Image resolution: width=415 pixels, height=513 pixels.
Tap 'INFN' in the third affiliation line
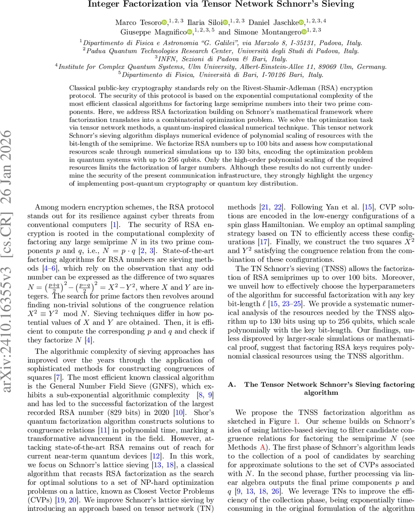pyautogui.click(x=163, y=59)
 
